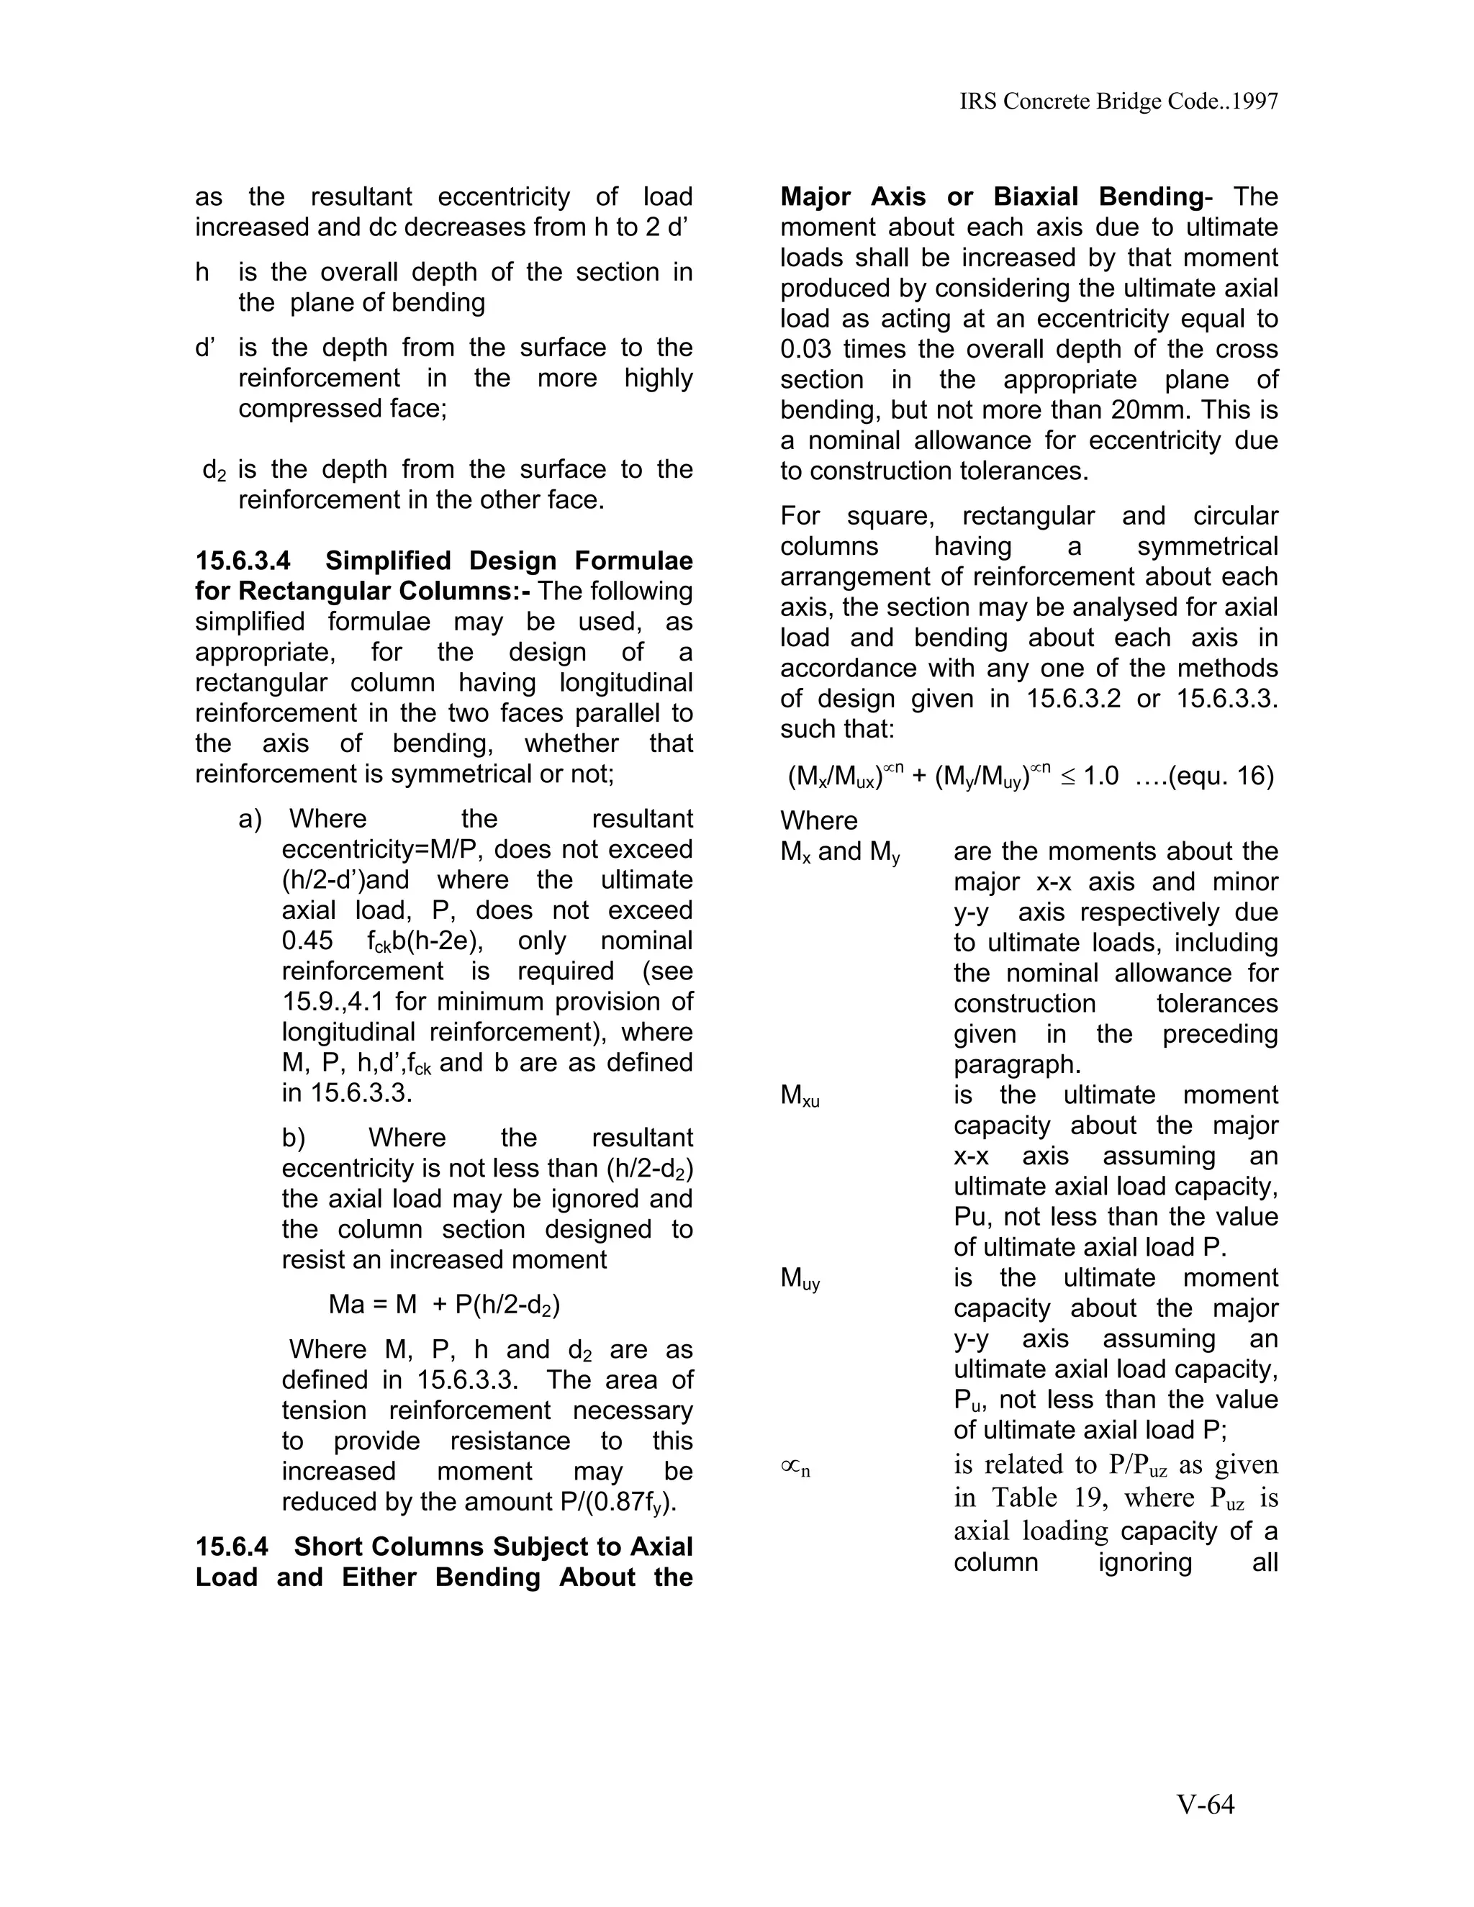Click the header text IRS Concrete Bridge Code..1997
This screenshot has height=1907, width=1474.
point(1118,102)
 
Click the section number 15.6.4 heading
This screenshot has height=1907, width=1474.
point(232,1546)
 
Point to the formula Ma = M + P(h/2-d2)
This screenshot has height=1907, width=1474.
point(443,1305)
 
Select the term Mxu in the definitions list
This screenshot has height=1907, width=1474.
point(800,1097)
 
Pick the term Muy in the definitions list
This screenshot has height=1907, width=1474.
point(800,1280)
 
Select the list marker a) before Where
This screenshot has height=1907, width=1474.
point(250,819)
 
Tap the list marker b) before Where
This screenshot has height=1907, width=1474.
point(294,1138)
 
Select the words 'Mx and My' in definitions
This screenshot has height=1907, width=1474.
point(840,852)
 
